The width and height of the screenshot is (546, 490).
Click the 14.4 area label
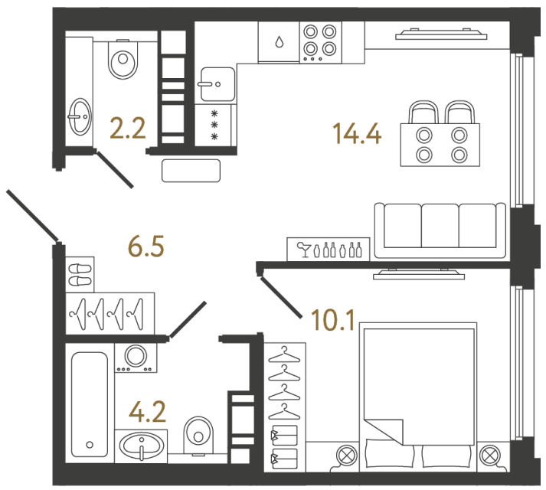click(x=357, y=134)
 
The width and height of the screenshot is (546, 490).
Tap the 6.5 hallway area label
click(x=145, y=248)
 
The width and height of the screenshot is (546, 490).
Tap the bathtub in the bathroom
click(x=89, y=403)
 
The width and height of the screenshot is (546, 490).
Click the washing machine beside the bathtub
click(x=136, y=357)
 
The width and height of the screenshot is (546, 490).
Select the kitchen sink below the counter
click(x=216, y=83)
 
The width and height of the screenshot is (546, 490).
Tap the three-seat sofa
click(x=440, y=230)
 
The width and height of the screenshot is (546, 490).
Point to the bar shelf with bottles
click(x=329, y=249)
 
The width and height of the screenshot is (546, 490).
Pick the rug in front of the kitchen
click(x=191, y=169)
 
